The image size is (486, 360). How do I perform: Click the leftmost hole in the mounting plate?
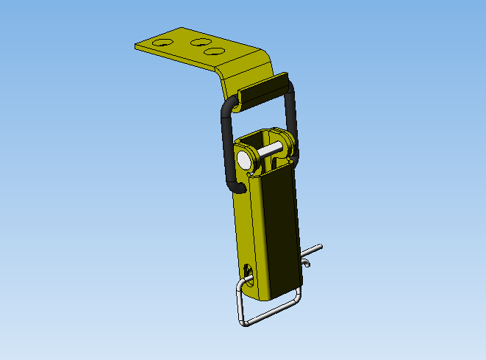click(x=162, y=43)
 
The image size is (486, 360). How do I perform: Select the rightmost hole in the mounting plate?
click(x=214, y=51)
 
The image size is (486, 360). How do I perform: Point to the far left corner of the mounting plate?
click(x=136, y=46)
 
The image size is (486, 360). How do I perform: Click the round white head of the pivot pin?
click(x=243, y=160)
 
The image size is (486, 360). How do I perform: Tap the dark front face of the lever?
click(x=281, y=220)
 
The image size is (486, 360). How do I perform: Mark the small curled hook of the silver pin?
click(x=307, y=262)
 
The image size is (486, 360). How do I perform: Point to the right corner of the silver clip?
click(x=299, y=298)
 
